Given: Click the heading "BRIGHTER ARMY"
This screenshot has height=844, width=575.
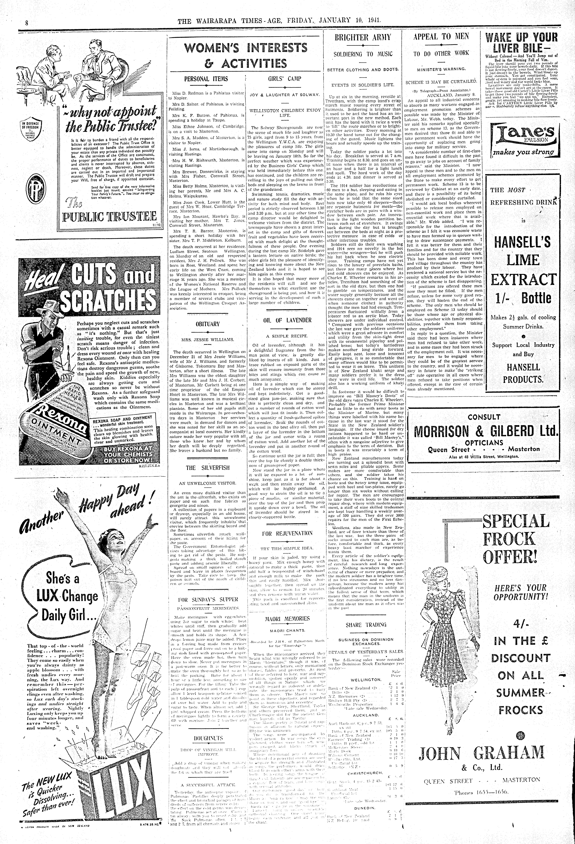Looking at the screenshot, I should pyautogui.click(x=363, y=37).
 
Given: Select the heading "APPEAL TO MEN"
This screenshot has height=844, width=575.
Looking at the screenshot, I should pyautogui.click(x=441, y=36).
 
